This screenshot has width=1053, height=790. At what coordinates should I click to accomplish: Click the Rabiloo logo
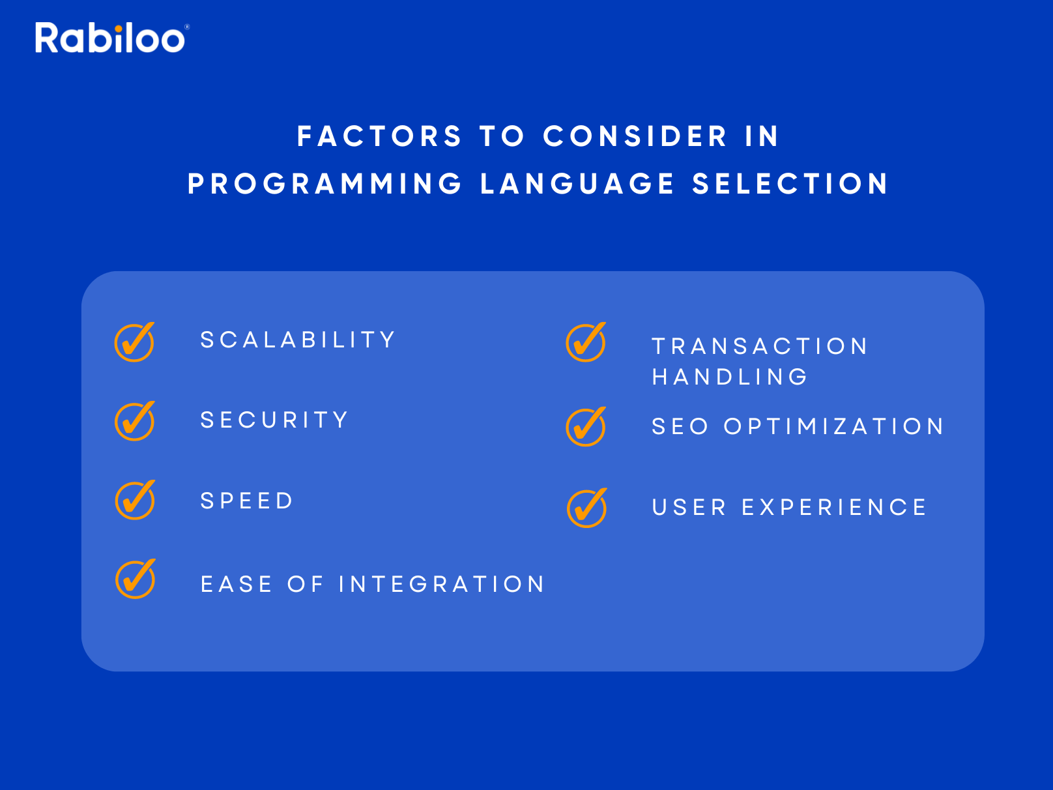(x=112, y=37)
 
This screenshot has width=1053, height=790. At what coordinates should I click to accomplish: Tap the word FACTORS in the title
(x=379, y=136)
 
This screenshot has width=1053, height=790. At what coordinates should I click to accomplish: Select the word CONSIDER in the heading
(x=635, y=136)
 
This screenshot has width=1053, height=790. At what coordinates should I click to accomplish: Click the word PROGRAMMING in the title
(x=325, y=184)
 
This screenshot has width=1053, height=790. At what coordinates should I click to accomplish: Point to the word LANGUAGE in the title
(x=577, y=184)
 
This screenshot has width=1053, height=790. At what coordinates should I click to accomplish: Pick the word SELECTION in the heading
(x=790, y=184)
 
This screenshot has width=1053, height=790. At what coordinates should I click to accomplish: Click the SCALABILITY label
(x=297, y=340)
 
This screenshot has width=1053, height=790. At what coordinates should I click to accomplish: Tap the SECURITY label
(x=274, y=420)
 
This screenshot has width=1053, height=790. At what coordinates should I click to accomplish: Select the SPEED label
(x=246, y=501)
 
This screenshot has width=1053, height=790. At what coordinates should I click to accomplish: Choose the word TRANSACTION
(x=760, y=346)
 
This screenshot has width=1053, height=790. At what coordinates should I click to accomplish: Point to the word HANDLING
(x=730, y=377)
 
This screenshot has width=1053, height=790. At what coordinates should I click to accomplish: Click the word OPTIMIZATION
(x=834, y=426)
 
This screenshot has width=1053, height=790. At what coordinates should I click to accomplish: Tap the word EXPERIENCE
(x=834, y=508)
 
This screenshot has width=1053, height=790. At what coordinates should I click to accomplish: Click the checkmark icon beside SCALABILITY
(x=135, y=342)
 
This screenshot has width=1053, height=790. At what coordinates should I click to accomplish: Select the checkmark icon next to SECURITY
(x=135, y=421)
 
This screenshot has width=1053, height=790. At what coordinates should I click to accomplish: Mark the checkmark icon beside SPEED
(x=136, y=500)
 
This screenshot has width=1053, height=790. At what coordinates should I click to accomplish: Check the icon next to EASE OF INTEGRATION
(x=136, y=579)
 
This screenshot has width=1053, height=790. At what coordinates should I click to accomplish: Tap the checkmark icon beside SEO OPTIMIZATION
(x=586, y=427)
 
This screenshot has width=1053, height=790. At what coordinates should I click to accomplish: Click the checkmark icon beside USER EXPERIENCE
(x=587, y=508)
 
